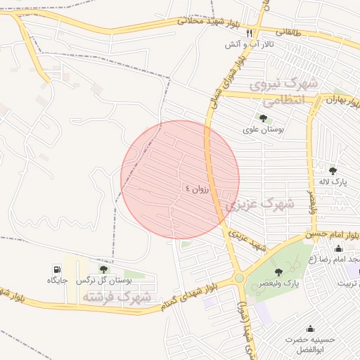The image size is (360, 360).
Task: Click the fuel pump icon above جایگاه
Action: coord(57,269)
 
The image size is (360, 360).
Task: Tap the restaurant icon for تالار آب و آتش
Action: coord(249,33)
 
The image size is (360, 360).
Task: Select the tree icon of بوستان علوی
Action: coord(263,118)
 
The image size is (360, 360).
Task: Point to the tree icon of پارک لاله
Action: coord(333,170)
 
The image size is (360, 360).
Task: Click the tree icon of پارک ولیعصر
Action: coord(280,271)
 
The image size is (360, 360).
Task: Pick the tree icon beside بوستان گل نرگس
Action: coord(104,269)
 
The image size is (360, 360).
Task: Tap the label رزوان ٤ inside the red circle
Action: coord(198,188)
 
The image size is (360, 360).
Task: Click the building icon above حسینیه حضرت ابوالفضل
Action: coord(310,329)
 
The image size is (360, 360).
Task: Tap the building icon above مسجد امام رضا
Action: coord(338,248)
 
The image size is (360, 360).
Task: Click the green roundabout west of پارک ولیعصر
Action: coord(239,278)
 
